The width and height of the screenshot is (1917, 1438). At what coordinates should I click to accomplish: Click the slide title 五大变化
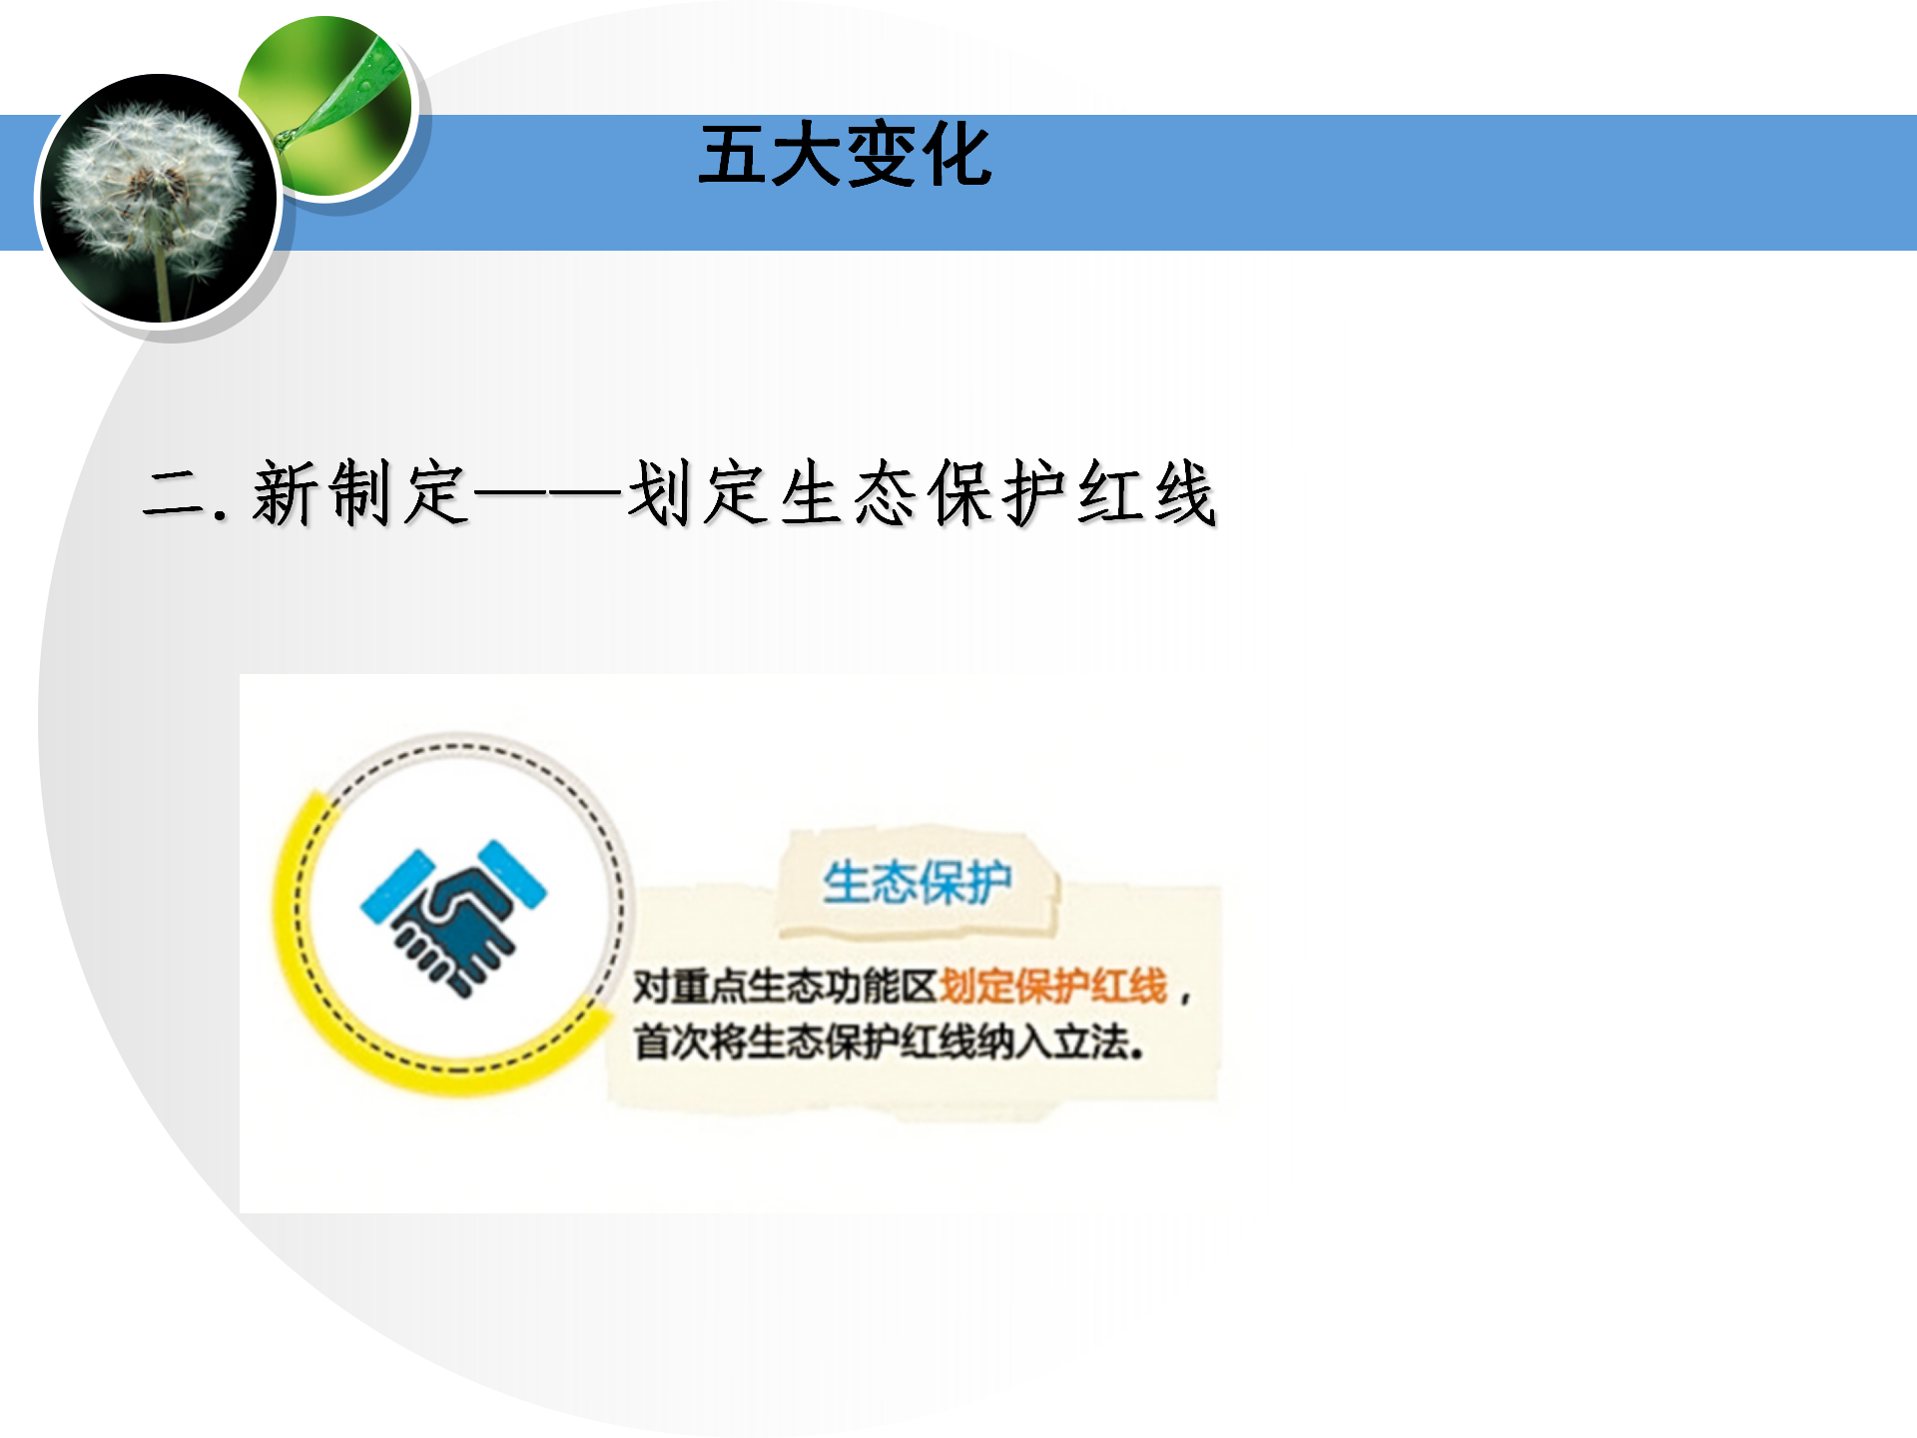[x=845, y=155]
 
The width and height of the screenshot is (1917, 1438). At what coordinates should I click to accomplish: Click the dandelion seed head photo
[x=158, y=199]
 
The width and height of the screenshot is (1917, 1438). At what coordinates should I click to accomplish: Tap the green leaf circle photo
[x=327, y=106]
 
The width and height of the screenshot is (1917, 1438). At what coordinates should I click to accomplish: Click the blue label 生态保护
[x=917, y=883]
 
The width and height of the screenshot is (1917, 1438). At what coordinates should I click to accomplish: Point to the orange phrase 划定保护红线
[x=1053, y=987]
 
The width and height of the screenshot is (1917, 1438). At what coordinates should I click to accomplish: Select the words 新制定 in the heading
[x=359, y=493]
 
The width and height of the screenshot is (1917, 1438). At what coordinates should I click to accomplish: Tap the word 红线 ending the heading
[x=1146, y=493]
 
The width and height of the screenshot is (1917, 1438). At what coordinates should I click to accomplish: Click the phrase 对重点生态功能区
[x=786, y=987]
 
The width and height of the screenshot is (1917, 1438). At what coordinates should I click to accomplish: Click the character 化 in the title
[x=957, y=155]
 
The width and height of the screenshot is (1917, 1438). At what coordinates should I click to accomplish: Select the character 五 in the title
[x=733, y=155]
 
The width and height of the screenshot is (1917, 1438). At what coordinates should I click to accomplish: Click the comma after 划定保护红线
[x=1185, y=996]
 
